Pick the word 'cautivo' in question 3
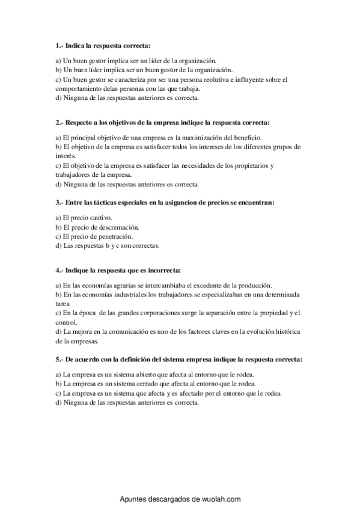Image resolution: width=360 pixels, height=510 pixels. (x=101, y=217)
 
